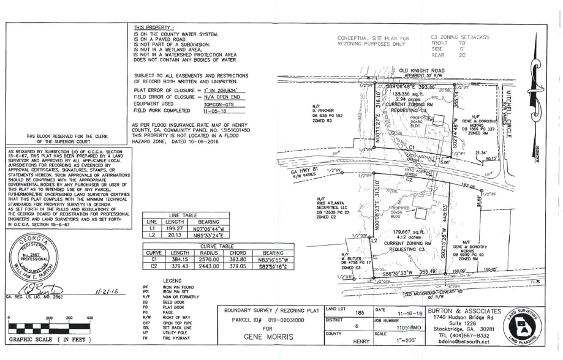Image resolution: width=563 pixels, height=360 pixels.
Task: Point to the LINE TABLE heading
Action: pos(183,215)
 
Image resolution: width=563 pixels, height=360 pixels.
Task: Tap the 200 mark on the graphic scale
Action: pos(47,318)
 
